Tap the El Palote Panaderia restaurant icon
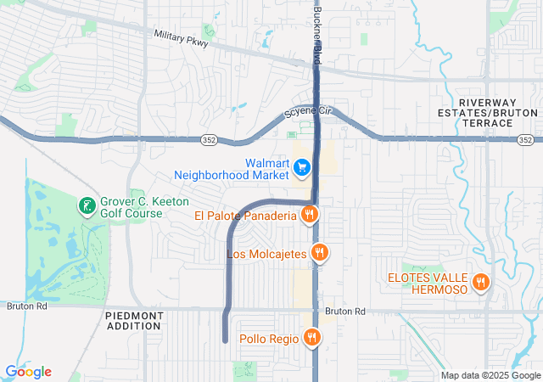310,215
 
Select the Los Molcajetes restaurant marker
320,252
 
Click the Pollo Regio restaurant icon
313,338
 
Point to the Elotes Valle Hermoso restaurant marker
481,283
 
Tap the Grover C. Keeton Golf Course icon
86,205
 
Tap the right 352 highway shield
526,138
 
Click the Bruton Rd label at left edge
18,306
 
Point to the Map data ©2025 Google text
490,375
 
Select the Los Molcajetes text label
266,254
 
